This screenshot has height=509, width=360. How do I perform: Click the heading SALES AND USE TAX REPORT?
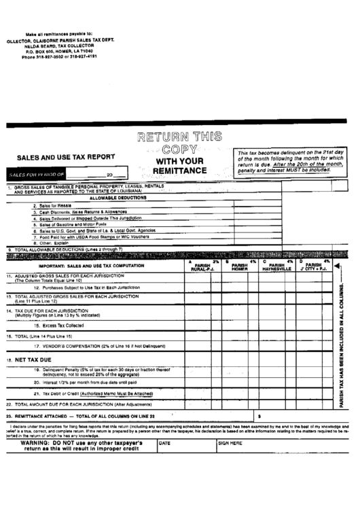pyautogui.click(x=65, y=156)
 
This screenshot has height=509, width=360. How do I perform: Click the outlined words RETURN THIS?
pyautogui.click(x=170, y=136)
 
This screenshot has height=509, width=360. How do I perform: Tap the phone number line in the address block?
pyautogui.click(x=60, y=56)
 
